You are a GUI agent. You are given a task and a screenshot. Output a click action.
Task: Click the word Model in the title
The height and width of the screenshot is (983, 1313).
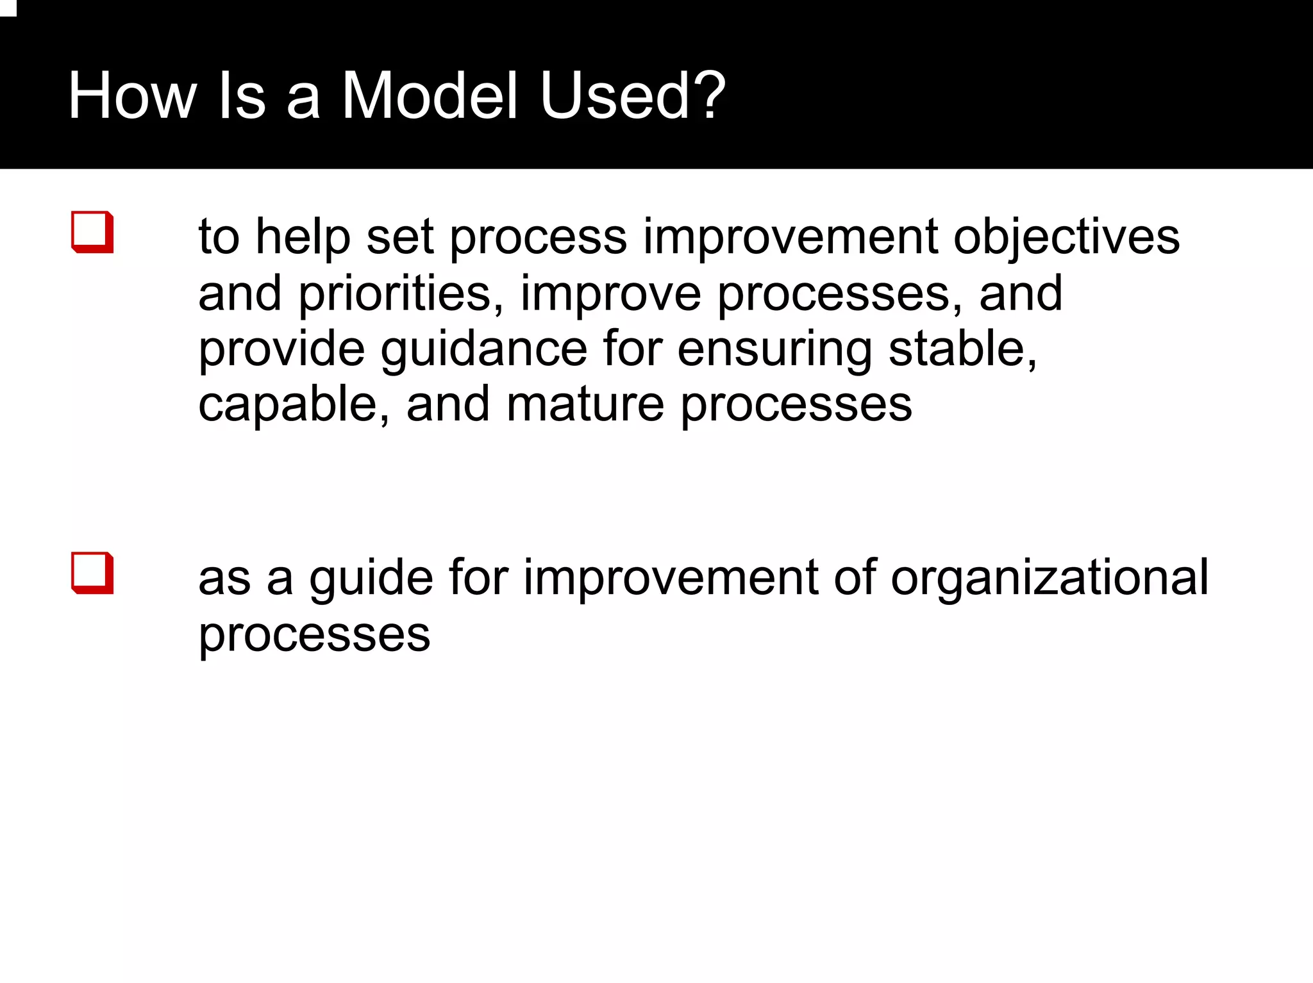(429, 96)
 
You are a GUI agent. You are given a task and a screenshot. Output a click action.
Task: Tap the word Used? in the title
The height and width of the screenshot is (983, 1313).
(632, 96)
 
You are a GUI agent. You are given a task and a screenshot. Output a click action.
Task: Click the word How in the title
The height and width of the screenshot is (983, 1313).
(132, 96)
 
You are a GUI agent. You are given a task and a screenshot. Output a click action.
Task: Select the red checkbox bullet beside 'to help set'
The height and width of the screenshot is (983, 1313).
(93, 232)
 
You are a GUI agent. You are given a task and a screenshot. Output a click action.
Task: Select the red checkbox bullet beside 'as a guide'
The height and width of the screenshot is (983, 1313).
(93, 573)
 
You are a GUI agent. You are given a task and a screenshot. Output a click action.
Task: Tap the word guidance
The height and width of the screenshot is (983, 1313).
(483, 349)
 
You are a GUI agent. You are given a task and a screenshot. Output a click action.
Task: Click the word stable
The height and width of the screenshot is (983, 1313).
(962, 349)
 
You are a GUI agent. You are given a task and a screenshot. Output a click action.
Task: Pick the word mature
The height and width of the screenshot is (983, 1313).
(585, 405)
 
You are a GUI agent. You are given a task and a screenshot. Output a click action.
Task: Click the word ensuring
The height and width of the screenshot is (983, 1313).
(774, 351)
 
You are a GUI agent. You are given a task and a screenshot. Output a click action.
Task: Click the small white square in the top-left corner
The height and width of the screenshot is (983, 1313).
(7, 8)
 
